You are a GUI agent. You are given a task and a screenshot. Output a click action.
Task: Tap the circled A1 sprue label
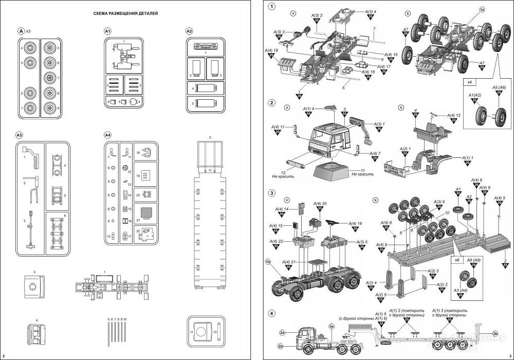[x=107, y=31]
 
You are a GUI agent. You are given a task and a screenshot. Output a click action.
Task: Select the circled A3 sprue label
[x=20, y=135]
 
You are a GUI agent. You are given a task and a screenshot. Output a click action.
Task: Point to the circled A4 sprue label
[x=107, y=135]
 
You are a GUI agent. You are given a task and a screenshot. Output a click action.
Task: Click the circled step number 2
[x=271, y=102]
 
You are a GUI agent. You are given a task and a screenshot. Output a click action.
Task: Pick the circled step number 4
[x=271, y=313]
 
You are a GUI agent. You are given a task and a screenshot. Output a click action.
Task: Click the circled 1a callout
[x=482, y=10]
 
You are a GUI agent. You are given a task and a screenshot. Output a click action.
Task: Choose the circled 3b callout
[x=495, y=333]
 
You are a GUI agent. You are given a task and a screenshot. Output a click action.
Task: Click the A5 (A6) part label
[x=499, y=88]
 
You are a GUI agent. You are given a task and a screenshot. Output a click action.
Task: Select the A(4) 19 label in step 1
[x=271, y=50]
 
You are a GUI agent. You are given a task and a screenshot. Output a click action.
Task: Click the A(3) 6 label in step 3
[x=439, y=202]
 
